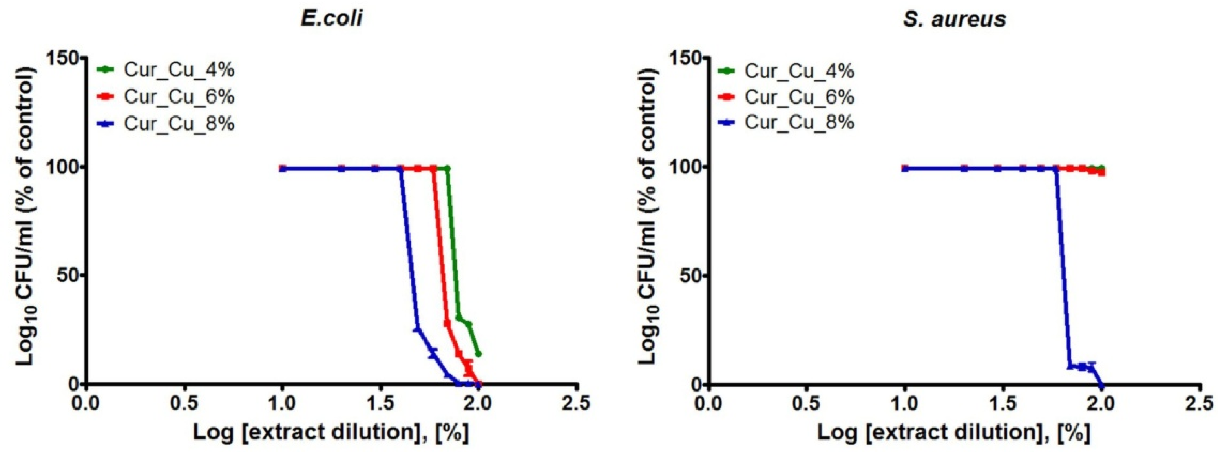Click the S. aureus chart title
coord(954,19)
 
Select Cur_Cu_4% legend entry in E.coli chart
coord(179,70)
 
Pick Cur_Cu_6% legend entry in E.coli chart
coord(179,97)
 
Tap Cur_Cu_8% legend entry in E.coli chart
coord(179,124)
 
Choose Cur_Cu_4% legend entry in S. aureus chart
coord(799,71)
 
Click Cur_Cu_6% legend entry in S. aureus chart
coord(799,97)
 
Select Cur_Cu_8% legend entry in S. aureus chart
coord(799,122)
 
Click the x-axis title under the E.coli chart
coord(331,433)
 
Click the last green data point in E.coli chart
coord(478,354)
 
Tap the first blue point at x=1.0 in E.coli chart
coord(282,168)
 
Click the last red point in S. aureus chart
coord(1102,173)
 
